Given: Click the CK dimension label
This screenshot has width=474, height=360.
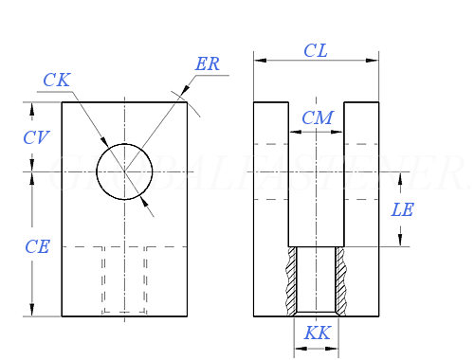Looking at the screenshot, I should (x=57, y=81).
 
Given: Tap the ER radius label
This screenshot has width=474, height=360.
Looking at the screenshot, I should (x=208, y=64).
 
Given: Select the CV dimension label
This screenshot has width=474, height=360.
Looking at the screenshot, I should (x=36, y=138).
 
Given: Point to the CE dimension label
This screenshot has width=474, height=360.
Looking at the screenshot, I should (x=37, y=247).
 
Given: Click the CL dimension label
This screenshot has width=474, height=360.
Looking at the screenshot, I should (x=316, y=51).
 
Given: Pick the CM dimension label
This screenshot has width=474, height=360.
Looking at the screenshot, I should (x=317, y=117).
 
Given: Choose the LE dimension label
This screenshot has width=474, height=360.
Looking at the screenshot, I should (x=403, y=210).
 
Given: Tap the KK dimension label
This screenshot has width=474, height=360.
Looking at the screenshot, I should (x=317, y=333).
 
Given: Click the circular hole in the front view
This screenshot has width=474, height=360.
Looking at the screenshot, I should (x=124, y=171).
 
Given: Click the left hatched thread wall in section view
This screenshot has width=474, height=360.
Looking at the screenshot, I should (x=289, y=281).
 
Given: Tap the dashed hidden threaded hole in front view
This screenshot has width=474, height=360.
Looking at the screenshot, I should (x=124, y=279).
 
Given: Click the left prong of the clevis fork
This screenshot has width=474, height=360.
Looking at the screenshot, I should (x=271, y=171).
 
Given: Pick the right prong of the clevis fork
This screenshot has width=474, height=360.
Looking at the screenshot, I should (x=361, y=171).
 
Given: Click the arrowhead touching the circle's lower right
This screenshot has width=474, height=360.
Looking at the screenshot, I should (x=143, y=200).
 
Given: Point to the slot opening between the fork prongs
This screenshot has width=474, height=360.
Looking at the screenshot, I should (x=317, y=171).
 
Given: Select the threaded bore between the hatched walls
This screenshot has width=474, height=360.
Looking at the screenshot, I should (x=317, y=281).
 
